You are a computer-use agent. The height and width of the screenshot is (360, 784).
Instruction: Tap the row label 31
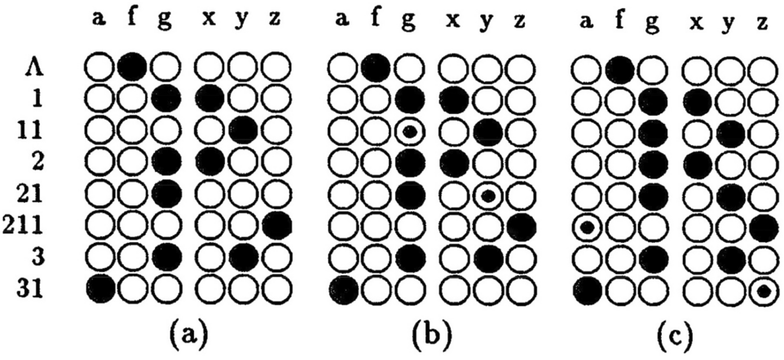click(x=38, y=288)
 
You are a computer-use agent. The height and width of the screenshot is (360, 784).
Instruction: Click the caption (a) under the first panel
click(x=187, y=333)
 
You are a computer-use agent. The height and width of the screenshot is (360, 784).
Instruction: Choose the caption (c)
click(x=676, y=333)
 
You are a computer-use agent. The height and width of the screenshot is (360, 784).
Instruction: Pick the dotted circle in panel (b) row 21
click(x=487, y=195)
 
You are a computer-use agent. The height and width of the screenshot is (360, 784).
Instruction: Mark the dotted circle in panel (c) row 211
click(x=585, y=227)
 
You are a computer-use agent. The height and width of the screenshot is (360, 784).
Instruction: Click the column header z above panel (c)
click(x=761, y=21)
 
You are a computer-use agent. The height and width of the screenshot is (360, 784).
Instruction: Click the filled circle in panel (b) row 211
click(x=519, y=225)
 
